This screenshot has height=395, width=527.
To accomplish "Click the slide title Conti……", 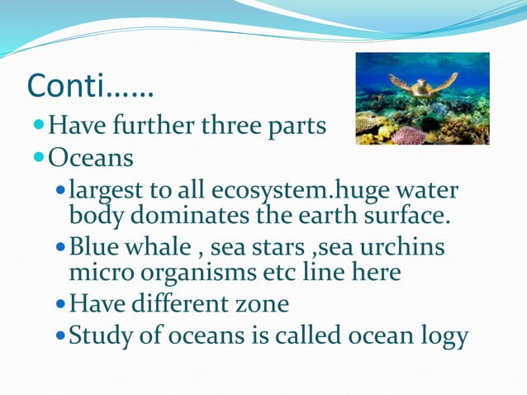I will [90, 83].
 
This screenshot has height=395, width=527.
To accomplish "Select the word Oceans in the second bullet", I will [91, 155].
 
